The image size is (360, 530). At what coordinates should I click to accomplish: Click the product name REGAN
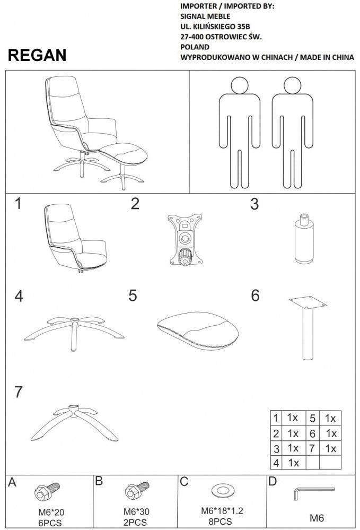pyautogui.click(x=37, y=56)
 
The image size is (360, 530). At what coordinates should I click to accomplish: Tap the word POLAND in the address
pyautogui.click(x=195, y=47)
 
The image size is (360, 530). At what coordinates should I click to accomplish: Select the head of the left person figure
pyautogui.click(x=240, y=85)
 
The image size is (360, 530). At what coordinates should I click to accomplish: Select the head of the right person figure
pyautogui.click(x=292, y=85)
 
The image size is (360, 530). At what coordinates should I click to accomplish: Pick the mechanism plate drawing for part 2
pyautogui.click(x=183, y=239)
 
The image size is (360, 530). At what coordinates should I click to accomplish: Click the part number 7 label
pyautogui.click(x=19, y=393)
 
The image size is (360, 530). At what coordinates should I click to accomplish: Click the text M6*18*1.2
pyautogui.click(x=221, y=511)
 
